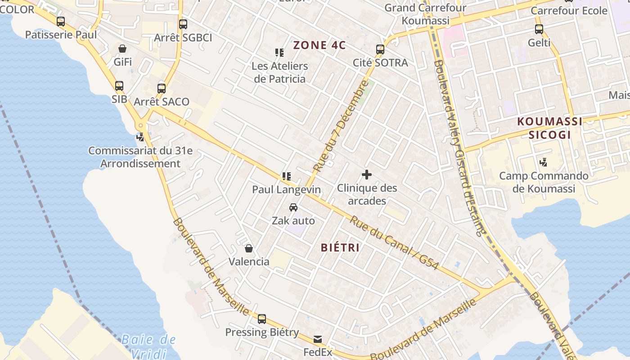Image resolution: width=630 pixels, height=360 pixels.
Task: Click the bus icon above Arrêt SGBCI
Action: coord(183,24)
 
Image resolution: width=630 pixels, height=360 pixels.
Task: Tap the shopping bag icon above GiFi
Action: coord(122,49)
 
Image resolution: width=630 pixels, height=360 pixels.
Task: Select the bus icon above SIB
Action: coord(119,86)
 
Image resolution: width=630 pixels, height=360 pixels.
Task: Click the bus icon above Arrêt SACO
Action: coord(162,89)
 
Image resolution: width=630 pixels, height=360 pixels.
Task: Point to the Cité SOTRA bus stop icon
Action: coord(380,49)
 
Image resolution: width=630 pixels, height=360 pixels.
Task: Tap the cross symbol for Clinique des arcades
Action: coord(367,174)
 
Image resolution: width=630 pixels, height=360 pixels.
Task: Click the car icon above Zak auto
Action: coord(293,207)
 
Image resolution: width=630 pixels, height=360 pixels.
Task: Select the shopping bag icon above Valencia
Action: coord(249,248)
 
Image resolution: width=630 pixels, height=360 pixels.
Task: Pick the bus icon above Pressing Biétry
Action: coord(262,319)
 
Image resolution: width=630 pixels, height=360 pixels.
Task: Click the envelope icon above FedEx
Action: coord(318,339)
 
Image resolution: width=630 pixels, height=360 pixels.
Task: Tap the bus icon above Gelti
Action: coord(539,30)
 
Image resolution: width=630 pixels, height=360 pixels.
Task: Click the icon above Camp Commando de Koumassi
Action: coord(544,162)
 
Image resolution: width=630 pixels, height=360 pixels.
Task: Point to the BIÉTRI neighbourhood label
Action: coord(340,247)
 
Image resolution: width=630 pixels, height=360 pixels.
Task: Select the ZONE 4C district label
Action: coord(319,45)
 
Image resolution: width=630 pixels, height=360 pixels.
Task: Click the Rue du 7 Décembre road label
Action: coord(341,127)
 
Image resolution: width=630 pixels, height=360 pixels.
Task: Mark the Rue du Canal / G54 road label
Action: coord(394,243)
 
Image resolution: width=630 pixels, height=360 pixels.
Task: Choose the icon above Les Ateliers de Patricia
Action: coord(279,53)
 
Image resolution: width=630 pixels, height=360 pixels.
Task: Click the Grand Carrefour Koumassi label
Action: coord(425,14)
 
